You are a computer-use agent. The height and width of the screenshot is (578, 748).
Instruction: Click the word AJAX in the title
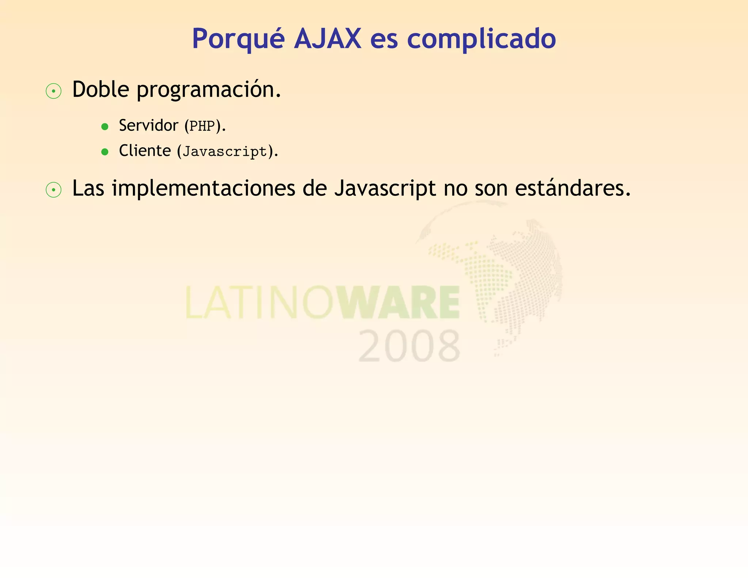pyautogui.click(x=328, y=38)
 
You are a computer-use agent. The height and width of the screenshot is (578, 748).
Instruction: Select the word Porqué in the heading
pyautogui.click(x=238, y=39)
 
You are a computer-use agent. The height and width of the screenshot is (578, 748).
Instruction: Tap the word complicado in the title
pyautogui.click(x=481, y=39)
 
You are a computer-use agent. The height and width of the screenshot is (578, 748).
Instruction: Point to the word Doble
pyautogui.click(x=101, y=89)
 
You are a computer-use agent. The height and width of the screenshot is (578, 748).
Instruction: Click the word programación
pyautogui.click(x=209, y=90)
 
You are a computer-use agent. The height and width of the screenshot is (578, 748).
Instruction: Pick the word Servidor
pyautogui.click(x=148, y=126)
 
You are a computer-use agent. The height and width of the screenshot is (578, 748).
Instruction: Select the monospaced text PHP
pyautogui.click(x=202, y=126)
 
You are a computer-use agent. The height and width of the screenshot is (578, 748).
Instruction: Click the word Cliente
pyautogui.click(x=145, y=151)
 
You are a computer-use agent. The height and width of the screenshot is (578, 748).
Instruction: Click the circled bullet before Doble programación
pyautogui.click(x=54, y=91)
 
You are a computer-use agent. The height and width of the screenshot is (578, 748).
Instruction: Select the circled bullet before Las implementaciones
pyautogui.click(x=54, y=190)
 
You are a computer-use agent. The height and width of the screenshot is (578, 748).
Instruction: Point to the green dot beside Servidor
pyautogui.click(x=105, y=127)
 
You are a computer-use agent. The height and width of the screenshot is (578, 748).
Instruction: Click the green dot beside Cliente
pyautogui.click(x=105, y=152)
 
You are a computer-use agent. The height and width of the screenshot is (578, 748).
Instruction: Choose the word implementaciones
pyautogui.click(x=203, y=189)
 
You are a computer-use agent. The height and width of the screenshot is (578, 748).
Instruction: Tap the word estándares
pyautogui.click(x=572, y=189)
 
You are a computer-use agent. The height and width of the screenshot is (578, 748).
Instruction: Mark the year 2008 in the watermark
pyautogui.click(x=409, y=346)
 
